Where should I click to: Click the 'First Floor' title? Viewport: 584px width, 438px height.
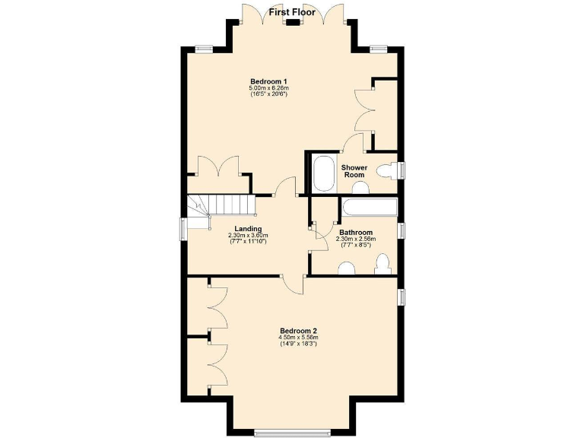[292, 12]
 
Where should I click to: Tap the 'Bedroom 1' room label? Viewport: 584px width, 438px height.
[268, 81]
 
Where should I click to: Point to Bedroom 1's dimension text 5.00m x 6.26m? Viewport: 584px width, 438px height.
[268, 89]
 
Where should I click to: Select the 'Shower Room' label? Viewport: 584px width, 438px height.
[354, 171]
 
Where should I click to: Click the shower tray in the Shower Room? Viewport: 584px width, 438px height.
[324, 174]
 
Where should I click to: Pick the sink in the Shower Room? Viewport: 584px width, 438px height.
[360, 188]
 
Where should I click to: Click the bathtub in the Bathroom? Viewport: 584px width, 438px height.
[369, 208]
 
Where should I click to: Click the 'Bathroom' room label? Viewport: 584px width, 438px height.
[355, 233]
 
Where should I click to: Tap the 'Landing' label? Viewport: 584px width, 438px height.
[248, 229]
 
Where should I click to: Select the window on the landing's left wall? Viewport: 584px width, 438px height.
[182, 229]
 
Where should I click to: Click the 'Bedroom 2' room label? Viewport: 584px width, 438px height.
[298, 331]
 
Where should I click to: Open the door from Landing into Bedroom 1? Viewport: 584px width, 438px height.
[285, 187]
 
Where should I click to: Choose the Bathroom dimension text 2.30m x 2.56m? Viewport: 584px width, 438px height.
[355, 240]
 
